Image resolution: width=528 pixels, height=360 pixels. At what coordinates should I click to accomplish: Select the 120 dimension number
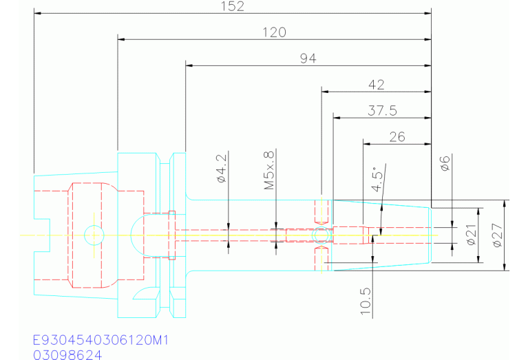(x=274, y=32)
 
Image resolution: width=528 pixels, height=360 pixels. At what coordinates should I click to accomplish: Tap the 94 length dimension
(x=308, y=59)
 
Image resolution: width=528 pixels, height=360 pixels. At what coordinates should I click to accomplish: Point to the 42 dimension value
(x=377, y=85)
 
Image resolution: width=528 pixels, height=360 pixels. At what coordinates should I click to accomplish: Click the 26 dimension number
(x=397, y=136)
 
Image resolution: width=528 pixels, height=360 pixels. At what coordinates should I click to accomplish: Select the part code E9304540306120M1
(x=101, y=341)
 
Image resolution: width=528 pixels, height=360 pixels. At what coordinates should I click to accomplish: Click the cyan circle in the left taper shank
(x=94, y=235)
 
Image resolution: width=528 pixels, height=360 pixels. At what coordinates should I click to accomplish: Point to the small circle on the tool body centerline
(x=320, y=235)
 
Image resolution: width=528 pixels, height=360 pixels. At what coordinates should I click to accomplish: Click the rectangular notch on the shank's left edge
(x=43, y=235)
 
